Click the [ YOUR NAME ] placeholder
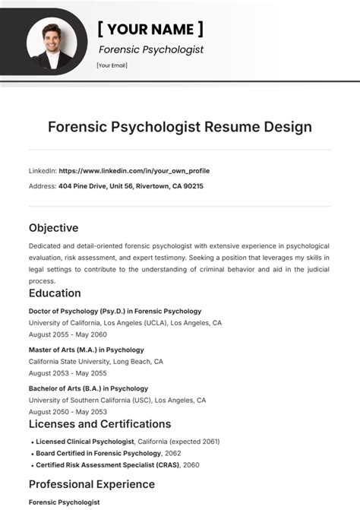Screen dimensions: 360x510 point(150,29)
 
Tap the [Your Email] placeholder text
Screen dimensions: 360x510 point(112,65)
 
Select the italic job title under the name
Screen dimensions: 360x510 point(151,49)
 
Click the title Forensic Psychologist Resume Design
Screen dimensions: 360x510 point(180,126)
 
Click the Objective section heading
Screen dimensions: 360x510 point(53,227)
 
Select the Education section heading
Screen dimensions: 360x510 point(55,293)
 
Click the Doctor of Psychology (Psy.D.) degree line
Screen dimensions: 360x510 point(115,311)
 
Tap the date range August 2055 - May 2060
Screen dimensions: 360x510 point(68,334)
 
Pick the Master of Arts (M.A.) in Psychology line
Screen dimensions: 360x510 point(86,350)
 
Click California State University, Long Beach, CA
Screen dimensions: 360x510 point(96,361)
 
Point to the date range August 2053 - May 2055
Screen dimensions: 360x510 point(68,373)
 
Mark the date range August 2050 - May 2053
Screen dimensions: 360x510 point(68,412)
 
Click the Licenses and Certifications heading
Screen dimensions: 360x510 point(99,424)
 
